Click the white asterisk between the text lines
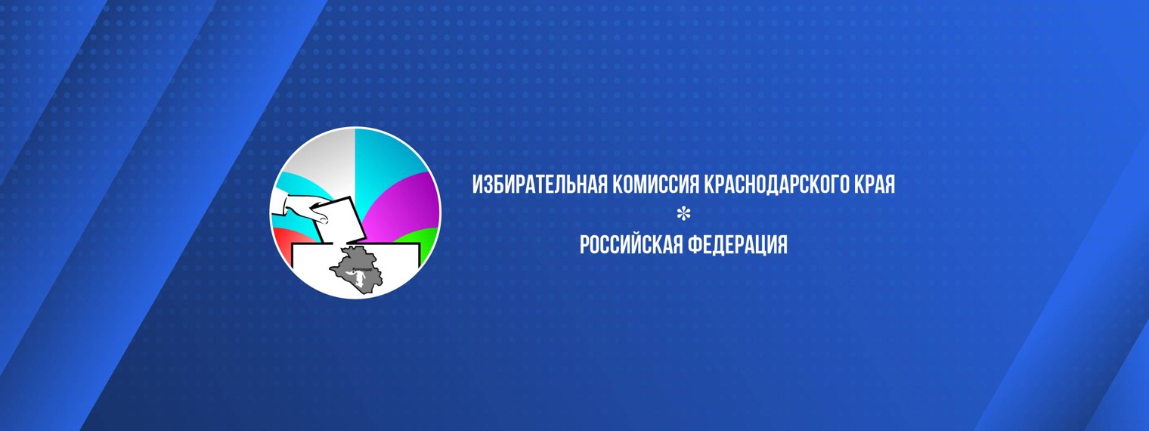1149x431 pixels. coord(683,215)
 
